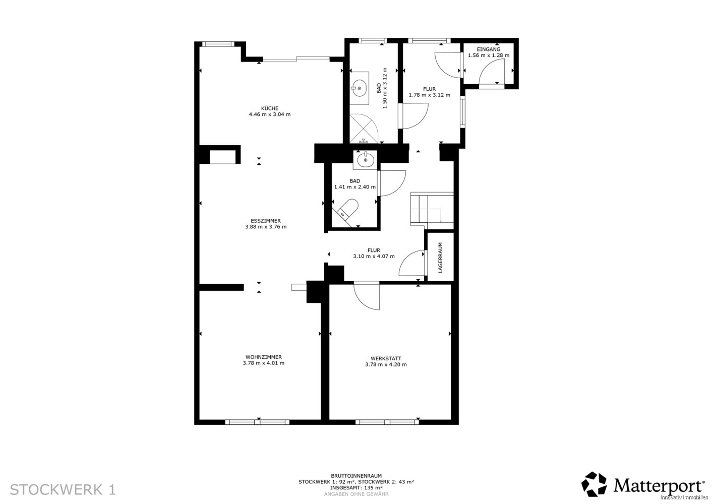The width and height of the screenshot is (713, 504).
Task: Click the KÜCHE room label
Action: pyautogui.click(x=270, y=108)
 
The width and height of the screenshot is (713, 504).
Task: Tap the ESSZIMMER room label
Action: pyautogui.click(x=266, y=221)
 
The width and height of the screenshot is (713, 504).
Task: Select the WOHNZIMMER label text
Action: pyautogui.click(x=264, y=357)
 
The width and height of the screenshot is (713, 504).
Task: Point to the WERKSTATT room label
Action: pyautogui.click(x=386, y=358)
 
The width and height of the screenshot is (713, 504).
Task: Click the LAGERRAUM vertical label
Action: pyautogui.click(x=441, y=258)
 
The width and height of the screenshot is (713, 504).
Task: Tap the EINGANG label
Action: pyautogui.click(x=488, y=49)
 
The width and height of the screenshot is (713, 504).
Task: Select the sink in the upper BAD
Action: pyautogui.click(x=360, y=88)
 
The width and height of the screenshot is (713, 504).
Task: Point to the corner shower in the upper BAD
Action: pyautogui.click(x=364, y=128)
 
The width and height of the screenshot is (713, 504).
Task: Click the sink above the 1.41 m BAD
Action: pyautogui.click(x=365, y=160)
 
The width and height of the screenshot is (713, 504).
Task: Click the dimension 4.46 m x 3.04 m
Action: pyautogui.click(x=270, y=114)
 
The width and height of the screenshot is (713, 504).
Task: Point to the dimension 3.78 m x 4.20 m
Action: pyautogui.click(x=386, y=364)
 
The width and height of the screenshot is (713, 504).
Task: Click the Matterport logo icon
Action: pyautogui.click(x=594, y=484)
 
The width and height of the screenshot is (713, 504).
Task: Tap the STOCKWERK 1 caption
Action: pyautogui.click(x=63, y=489)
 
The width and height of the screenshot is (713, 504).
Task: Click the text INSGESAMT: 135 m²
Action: pyautogui.click(x=356, y=487)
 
